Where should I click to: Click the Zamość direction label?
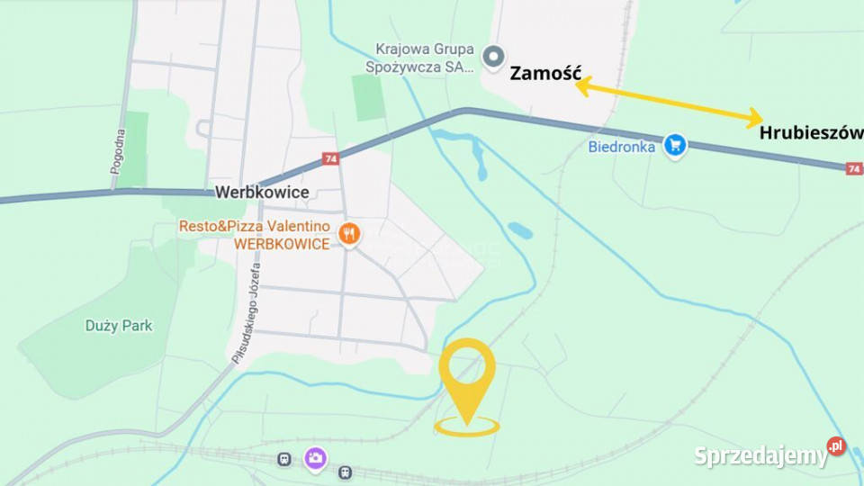pyautogui.click(x=545, y=74)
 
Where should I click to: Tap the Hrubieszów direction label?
pyautogui.click(x=811, y=133)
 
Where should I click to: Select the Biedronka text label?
pyautogui.click(x=622, y=147)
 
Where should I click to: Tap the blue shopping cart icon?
pyautogui.click(x=675, y=144)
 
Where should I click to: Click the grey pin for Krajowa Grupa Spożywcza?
pyautogui.click(x=493, y=58)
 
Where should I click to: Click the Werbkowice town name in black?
pyautogui.click(x=262, y=193)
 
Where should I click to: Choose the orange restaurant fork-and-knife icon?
pyautogui.click(x=348, y=235)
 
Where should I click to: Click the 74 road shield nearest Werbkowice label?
pyautogui.click(x=329, y=159)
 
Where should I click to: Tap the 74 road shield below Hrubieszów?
pyautogui.click(x=853, y=168)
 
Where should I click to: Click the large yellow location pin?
pyautogui.click(x=467, y=373)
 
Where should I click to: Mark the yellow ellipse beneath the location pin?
pyautogui.click(x=466, y=427)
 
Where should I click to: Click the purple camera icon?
pyautogui.click(x=315, y=458)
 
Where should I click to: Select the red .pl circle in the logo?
pyautogui.click(x=836, y=445)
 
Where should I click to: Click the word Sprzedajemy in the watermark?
pyautogui.click(x=760, y=456)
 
